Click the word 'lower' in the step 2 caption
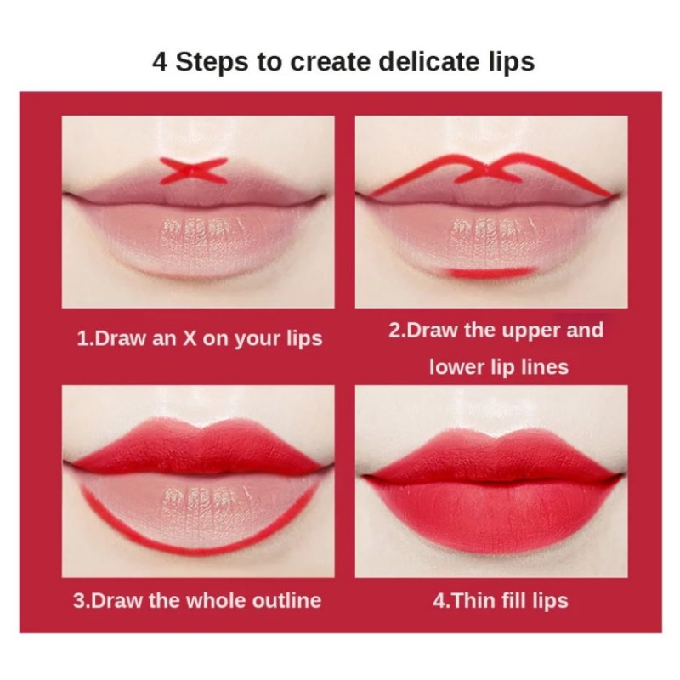click(458, 367)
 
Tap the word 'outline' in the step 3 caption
click(284, 600)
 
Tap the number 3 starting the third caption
click(78, 600)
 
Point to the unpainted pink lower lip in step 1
click(197, 255)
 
